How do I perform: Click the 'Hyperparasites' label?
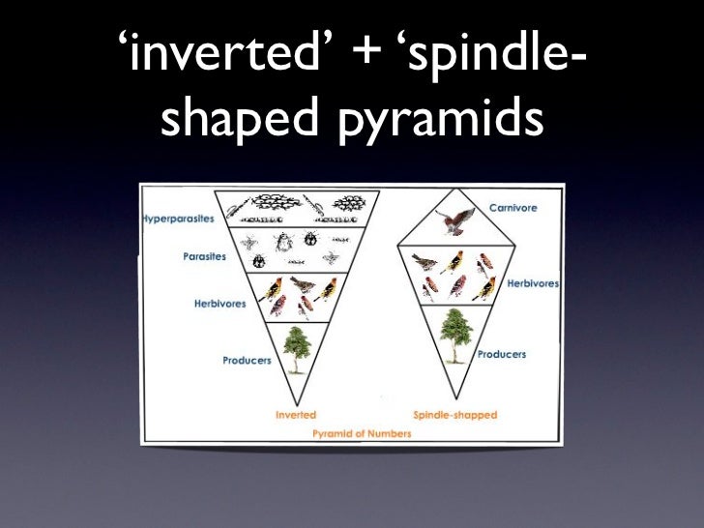(x=178, y=219)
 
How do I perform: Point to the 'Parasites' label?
(x=204, y=257)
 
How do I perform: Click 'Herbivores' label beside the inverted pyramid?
(x=220, y=304)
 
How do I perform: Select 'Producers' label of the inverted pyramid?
(x=247, y=361)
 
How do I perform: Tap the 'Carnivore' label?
(x=513, y=208)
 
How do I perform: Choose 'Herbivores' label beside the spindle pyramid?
(x=533, y=283)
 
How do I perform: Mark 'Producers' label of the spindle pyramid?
(x=501, y=355)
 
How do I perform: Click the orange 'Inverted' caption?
(x=296, y=415)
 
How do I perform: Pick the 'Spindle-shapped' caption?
(x=455, y=415)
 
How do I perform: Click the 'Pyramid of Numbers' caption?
(x=362, y=434)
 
